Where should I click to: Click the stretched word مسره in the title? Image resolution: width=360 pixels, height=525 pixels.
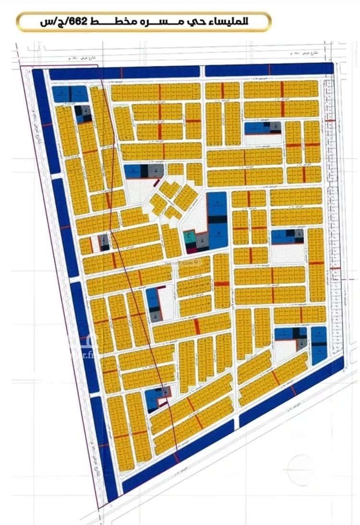pyautogui.click(x=171, y=22)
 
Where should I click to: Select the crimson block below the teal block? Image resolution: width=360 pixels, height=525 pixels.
pyautogui.click(x=191, y=249)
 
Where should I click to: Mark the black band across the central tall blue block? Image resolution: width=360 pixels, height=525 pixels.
pyautogui.click(x=217, y=219)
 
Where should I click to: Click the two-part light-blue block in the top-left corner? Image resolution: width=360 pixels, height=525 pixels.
pyautogui.click(x=70, y=94)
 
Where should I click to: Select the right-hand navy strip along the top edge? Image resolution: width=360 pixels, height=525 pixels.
pyautogui.click(x=269, y=69)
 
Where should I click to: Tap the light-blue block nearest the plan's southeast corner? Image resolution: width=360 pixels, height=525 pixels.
pyautogui.click(x=318, y=345)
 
